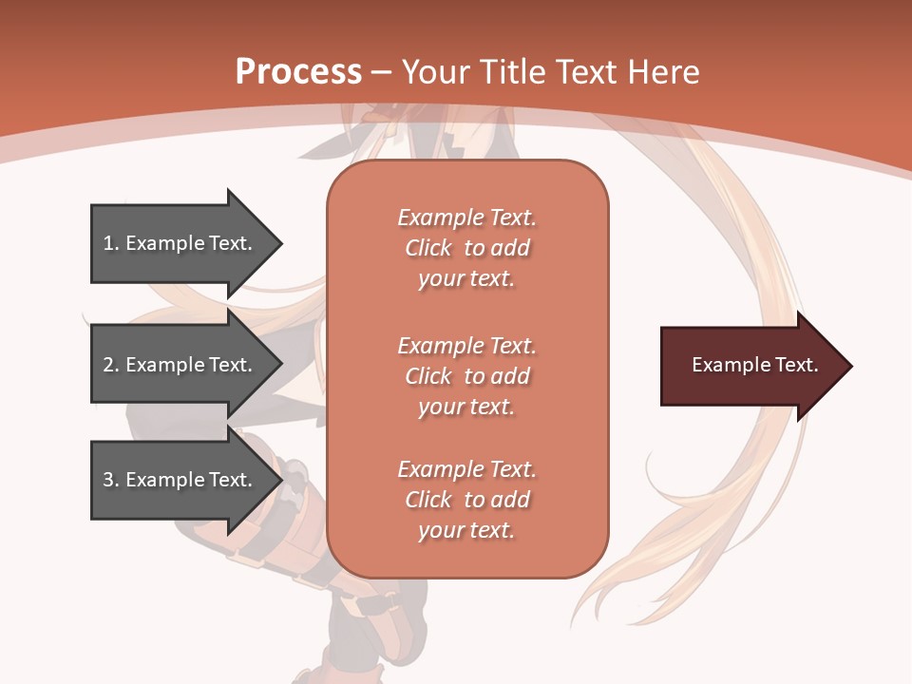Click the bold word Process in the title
298,72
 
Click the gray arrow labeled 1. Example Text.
180,243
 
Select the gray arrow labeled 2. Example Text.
180,365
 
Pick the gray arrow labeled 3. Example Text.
180,480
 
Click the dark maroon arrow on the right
750,366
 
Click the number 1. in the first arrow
111,243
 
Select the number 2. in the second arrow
111,365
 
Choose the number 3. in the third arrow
111,480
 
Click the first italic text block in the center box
466,248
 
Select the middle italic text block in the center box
466,376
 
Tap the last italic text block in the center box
466,500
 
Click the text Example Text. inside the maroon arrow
754,365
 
